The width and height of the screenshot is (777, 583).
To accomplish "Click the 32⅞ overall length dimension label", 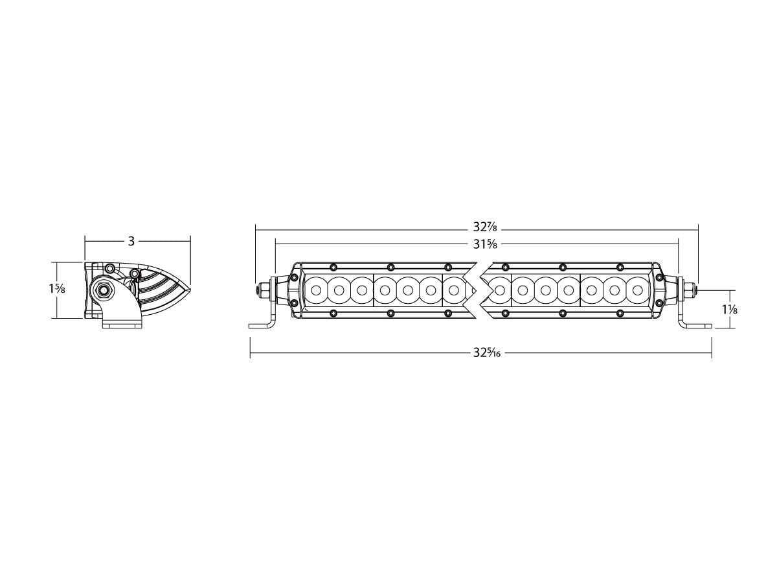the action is [x=484, y=227].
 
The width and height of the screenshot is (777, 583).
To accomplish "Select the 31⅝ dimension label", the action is [x=484, y=245].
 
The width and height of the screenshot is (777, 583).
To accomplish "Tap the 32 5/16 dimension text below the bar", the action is [x=486, y=353].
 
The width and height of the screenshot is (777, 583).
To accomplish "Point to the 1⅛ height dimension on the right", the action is [x=730, y=310].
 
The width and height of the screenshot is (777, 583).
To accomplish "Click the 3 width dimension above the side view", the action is [x=131, y=241].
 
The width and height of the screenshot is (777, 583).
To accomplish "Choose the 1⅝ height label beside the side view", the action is [x=56, y=290].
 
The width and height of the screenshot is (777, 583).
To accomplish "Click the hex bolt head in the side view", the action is [x=104, y=290].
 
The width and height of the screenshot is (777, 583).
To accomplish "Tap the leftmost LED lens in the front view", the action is [x=316, y=290].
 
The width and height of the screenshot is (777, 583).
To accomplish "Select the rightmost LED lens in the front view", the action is [x=637, y=290].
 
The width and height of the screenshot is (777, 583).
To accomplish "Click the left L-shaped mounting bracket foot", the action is [x=263, y=325].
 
